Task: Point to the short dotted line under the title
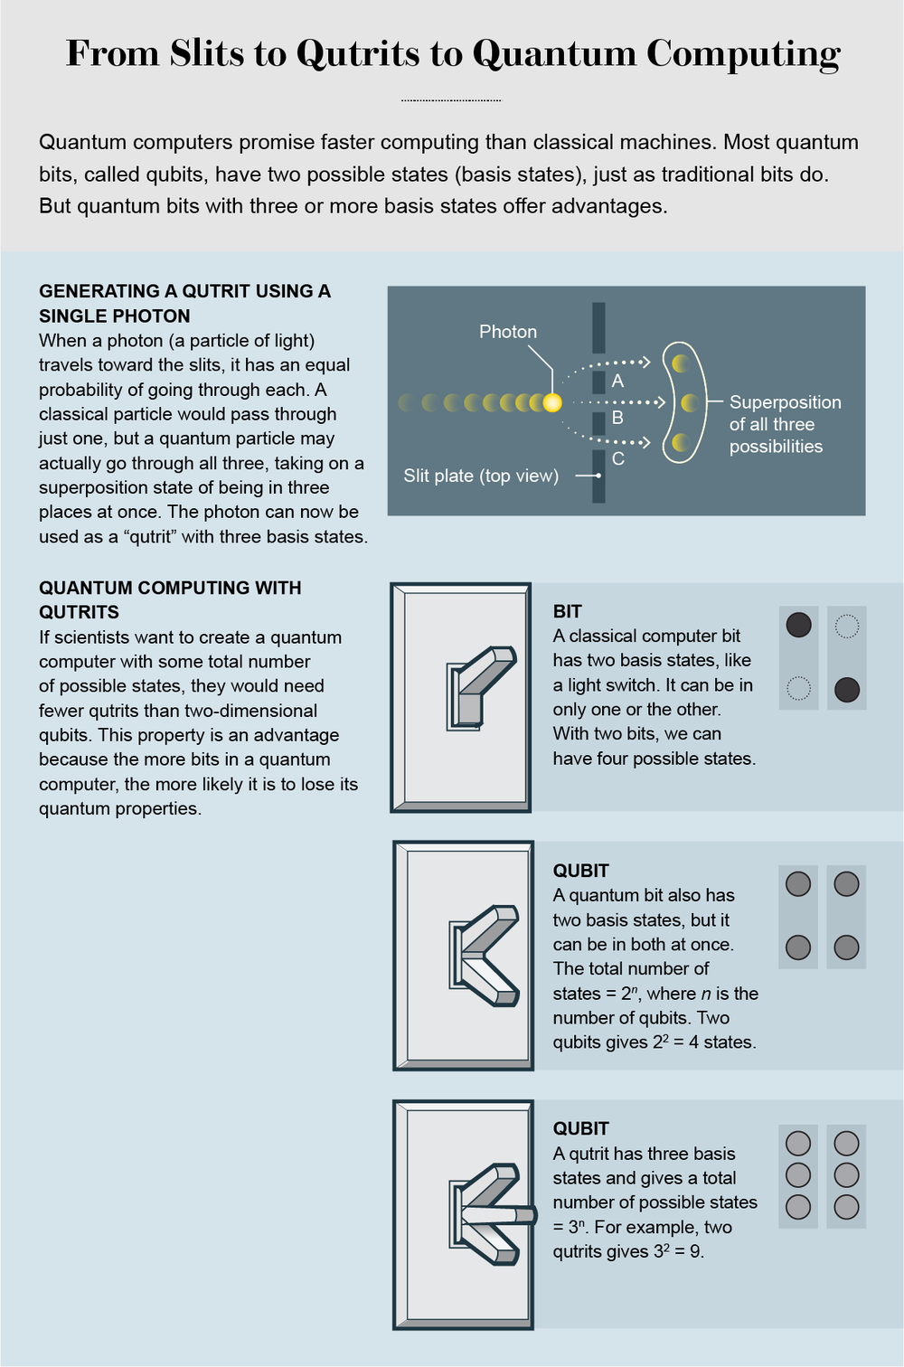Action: [451, 99]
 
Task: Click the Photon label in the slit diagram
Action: [507, 332]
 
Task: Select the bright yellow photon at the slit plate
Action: [551, 402]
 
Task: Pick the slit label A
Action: [617, 381]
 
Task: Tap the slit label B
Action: [617, 418]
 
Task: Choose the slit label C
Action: [617, 458]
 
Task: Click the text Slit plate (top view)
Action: [481, 476]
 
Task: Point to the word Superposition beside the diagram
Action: [785, 402]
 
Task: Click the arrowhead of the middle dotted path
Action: [661, 402]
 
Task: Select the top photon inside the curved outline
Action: [682, 363]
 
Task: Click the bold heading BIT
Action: [567, 611]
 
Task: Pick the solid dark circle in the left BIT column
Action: [798, 625]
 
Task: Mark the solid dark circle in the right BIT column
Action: [846, 690]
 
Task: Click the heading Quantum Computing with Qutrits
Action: [170, 599]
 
